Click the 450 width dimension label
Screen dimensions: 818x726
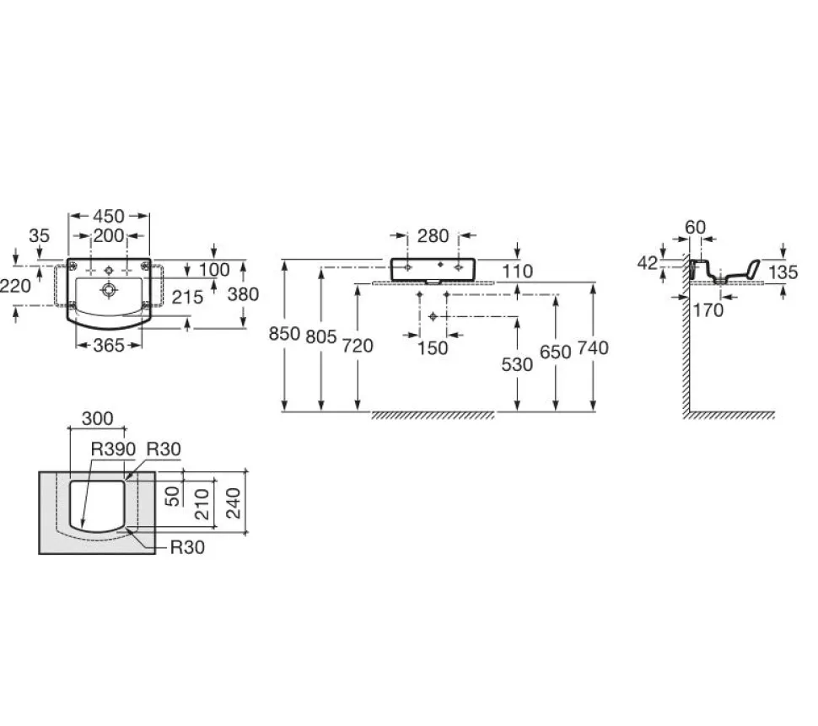pos(109,216)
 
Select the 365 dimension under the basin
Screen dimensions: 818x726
pos(109,345)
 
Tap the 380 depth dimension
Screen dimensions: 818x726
pos(243,294)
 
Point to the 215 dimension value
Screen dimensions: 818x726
pos(187,298)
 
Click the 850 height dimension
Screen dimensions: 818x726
pos(284,334)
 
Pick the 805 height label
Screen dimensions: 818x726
pos(320,337)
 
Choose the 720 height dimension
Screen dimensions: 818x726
pos(358,346)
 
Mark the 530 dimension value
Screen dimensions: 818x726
pos(517,365)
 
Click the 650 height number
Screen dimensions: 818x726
pos(555,352)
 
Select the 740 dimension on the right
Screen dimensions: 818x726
pos(593,348)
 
